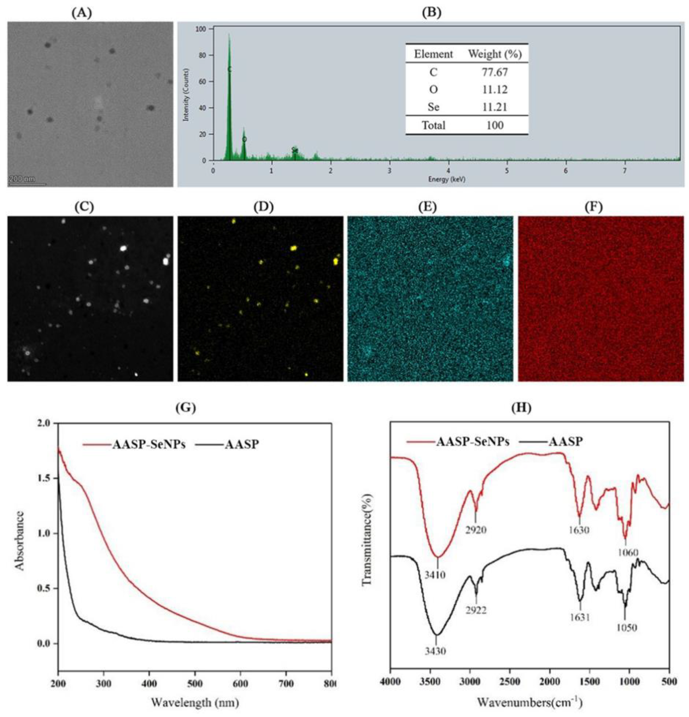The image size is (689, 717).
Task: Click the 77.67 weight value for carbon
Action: point(494,72)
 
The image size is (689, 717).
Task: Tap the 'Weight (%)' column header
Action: point(495,54)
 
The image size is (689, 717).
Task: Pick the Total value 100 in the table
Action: point(495,126)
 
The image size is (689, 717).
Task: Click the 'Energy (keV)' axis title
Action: point(446,179)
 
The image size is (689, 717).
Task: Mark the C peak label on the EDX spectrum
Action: point(229,69)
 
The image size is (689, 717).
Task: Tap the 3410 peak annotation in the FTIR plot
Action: point(435,575)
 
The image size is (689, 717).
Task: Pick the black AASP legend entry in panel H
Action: point(565,442)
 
